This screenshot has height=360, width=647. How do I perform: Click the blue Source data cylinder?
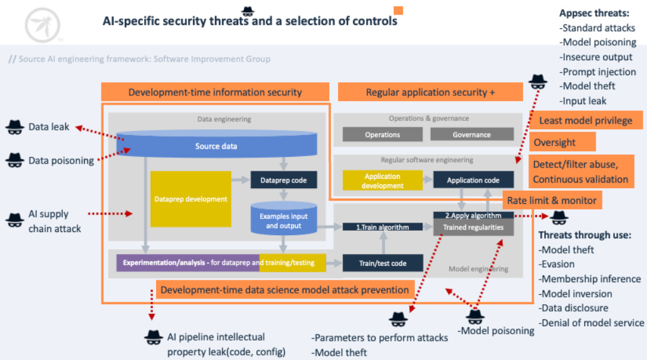pyautogui.click(x=216, y=146)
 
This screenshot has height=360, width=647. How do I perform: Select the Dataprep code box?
pyautogui.click(x=283, y=180)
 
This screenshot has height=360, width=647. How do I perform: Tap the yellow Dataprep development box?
pyautogui.click(x=191, y=199)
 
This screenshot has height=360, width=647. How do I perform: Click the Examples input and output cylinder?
pyautogui.click(x=283, y=220)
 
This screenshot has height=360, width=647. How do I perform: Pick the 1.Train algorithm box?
pyautogui.click(x=382, y=227)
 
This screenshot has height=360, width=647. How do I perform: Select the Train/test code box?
pyautogui.click(x=382, y=263)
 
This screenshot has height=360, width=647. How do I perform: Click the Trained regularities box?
pyautogui.click(x=473, y=228)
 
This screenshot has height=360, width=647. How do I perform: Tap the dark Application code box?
pyautogui.click(x=473, y=180)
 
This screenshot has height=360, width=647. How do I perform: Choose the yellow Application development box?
pyautogui.click(x=382, y=181)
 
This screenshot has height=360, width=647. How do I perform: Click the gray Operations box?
pyautogui.click(x=382, y=135)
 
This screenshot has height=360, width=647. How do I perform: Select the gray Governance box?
pyautogui.click(x=471, y=135)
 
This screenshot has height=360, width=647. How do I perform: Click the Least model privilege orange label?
pyautogui.click(x=585, y=120)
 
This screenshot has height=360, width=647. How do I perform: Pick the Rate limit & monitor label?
pyautogui.click(x=552, y=201)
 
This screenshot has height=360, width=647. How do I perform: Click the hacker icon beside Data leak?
pyautogui.click(x=15, y=127)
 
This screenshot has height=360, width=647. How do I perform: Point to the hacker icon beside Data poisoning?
pyautogui.click(x=15, y=161)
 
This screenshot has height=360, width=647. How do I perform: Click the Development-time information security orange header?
pyautogui.click(x=215, y=92)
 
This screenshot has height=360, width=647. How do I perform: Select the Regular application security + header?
pyautogui.click(x=430, y=92)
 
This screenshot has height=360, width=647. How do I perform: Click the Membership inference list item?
pyautogui.click(x=591, y=279)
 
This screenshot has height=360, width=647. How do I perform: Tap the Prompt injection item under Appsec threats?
pyautogui.click(x=598, y=72)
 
